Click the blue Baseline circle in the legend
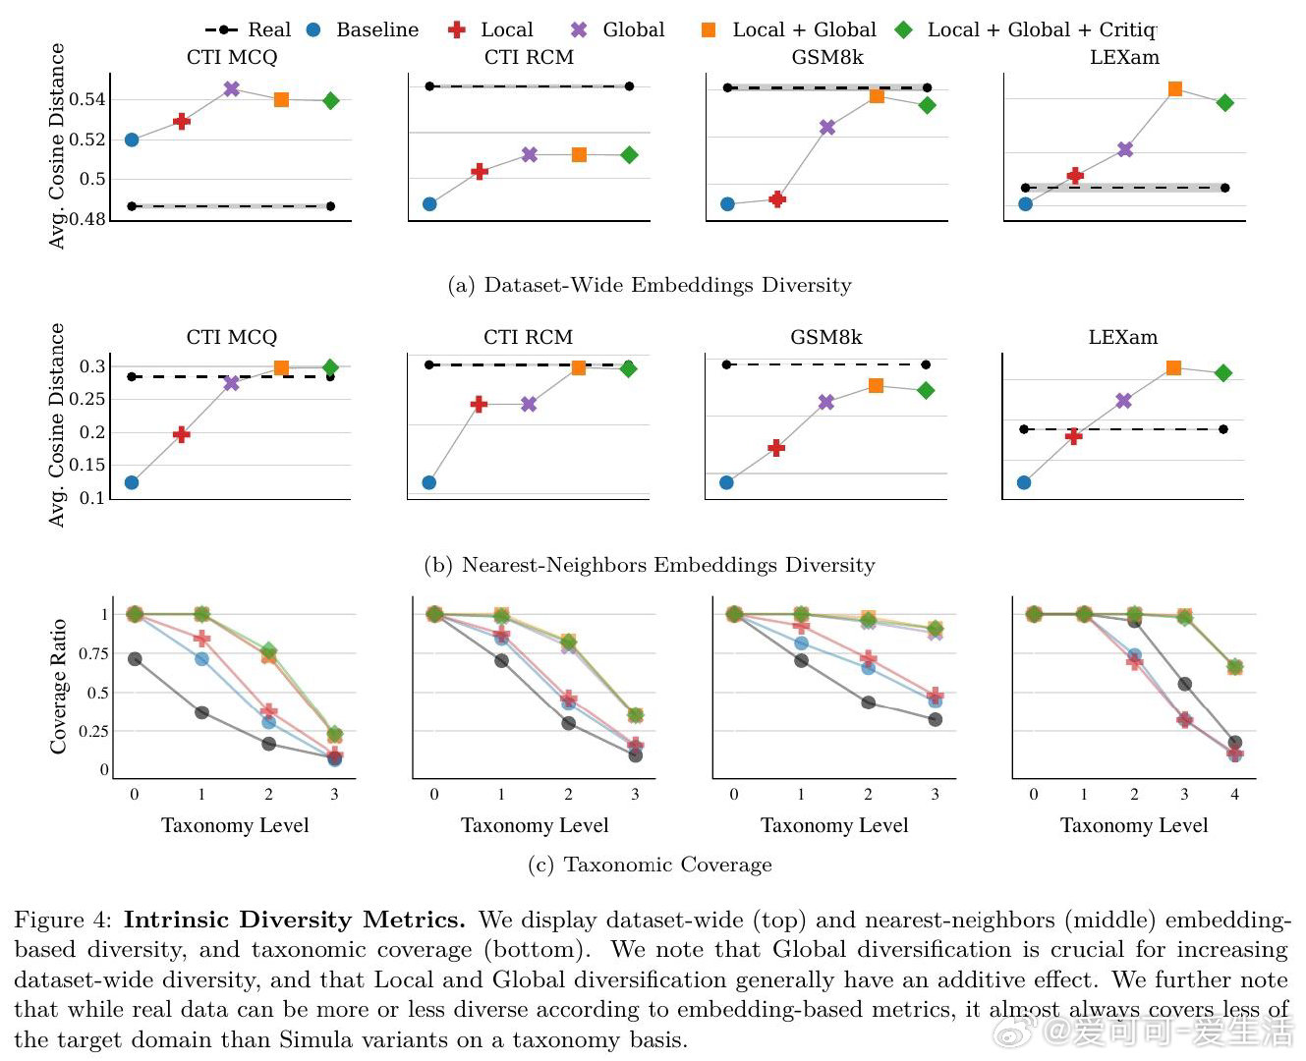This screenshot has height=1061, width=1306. click(x=313, y=29)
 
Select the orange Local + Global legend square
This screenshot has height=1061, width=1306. click(x=709, y=29)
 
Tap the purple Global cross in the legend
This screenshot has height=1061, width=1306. click(x=579, y=29)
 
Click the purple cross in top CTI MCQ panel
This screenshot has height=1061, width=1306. click(x=231, y=88)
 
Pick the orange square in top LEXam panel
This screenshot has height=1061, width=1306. click(x=1174, y=89)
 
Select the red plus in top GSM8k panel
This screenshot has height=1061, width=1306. click(x=777, y=199)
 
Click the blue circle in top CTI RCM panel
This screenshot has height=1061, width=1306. click(x=429, y=204)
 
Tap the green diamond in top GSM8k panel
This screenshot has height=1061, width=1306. click(x=927, y=105)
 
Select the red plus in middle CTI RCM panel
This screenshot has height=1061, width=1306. click(x=479, y=405)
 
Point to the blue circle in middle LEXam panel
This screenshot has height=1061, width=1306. click(x=1024, y=482)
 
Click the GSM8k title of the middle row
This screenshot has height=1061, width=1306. click(x=826, y=337)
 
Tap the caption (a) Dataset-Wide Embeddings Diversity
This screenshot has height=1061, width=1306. click(x=650, y=285)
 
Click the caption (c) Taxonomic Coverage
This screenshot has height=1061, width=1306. click(x=650, y=865)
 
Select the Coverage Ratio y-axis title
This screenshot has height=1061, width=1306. click(x=58, y=686)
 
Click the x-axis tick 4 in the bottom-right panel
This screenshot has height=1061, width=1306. click(x=1235, y=794)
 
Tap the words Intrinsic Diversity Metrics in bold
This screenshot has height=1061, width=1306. click(x=294, y=920)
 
